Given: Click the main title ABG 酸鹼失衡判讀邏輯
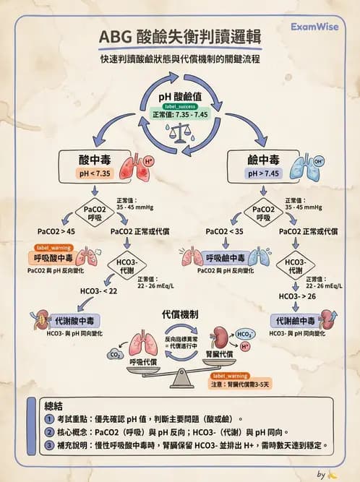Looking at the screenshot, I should (180, 37).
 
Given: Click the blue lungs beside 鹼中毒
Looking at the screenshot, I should (299, 165).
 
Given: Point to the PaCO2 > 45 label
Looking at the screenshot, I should (56, 231).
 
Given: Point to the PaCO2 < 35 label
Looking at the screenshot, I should (224, 231).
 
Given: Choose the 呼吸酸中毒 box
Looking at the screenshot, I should (53, 258).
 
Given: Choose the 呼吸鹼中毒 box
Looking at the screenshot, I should (225, 258).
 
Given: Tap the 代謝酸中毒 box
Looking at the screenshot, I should (73, 319).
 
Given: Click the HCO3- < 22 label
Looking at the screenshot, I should (98, 291).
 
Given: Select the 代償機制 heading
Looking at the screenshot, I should (180, 314).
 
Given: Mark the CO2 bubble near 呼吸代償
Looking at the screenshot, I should (114, 354).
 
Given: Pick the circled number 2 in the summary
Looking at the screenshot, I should (49, 431).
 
